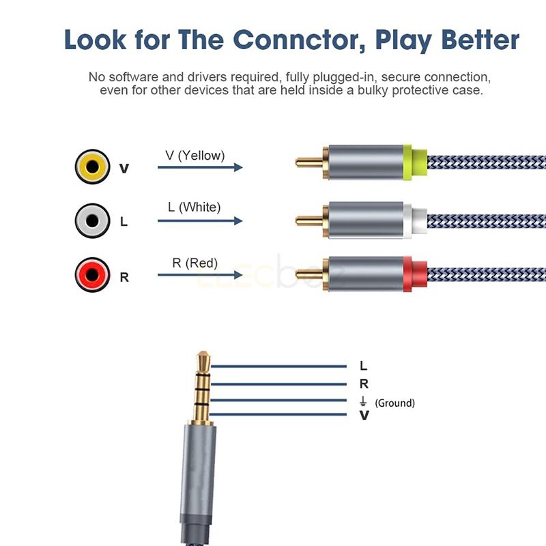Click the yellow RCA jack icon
(x=92, y=167)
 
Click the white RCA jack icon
(x=92, y=220)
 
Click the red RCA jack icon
(x=92, y=275)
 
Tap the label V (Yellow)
(x=195, y=156)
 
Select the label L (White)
(x=194, y=207)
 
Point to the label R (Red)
(x=195, y=263)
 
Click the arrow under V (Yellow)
(x=200, y=167)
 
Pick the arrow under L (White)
(x=200, y=220)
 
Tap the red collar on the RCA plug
(x=415, y=274)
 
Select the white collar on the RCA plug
(x=415, y=220)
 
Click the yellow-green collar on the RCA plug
(x=415, y=162)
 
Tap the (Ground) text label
(x=395, y=403)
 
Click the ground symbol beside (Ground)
(x=363, y=401)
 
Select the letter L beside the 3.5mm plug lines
(x=364, y=366)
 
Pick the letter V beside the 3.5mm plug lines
(x=364, y=415)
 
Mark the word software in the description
(x=134, y=77)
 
